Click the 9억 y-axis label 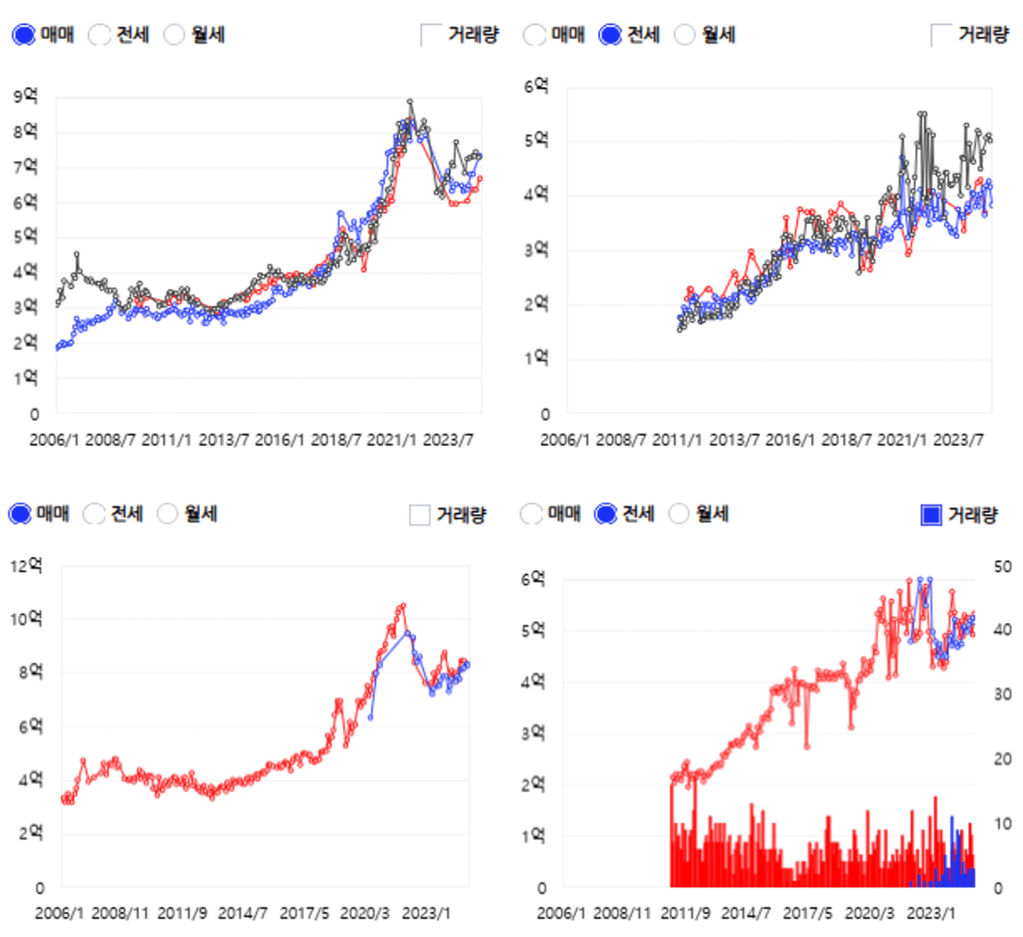tap(25, 96)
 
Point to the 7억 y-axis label tap(25, 166)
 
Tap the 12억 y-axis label tap(26, 566)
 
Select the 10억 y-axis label tap(26, 619)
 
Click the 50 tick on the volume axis tap(1003, 567)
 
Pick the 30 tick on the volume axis tap(1003, 694)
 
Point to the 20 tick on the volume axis tap(1003, 759)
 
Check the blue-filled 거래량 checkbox tap(931, 515)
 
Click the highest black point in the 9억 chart tap(410, 102)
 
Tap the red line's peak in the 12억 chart tap(403, 605)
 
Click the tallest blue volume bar tap(951, 818)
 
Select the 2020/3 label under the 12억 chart tap(365, 913)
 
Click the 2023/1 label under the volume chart tap(931, 913)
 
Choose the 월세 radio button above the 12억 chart tap(167, 514)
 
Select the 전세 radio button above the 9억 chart tap(100, 35)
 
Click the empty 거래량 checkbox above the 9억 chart tap(430, 35)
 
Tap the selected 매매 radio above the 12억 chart tap(20, 514)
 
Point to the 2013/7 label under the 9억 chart tap(223, 440)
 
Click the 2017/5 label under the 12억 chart tap(304, 913)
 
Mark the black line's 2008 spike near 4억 tap(77, 254)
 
